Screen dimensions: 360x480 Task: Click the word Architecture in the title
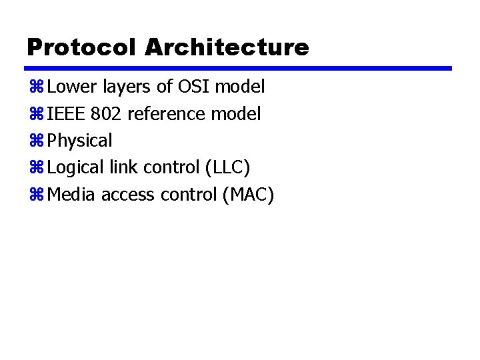point(227,47)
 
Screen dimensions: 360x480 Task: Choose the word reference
point(167,114)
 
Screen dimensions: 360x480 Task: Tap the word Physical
point(81,141)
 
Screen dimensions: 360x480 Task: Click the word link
point(121,167)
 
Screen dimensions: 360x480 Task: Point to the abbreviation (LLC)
point(227,168)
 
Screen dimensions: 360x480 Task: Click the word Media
point(69,195)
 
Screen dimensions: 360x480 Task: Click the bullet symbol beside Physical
point(36,141)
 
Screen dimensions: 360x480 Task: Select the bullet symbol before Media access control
point(36,195)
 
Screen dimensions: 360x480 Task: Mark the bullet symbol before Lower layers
point(36,87)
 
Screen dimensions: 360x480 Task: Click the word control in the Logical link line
point(168,167)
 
